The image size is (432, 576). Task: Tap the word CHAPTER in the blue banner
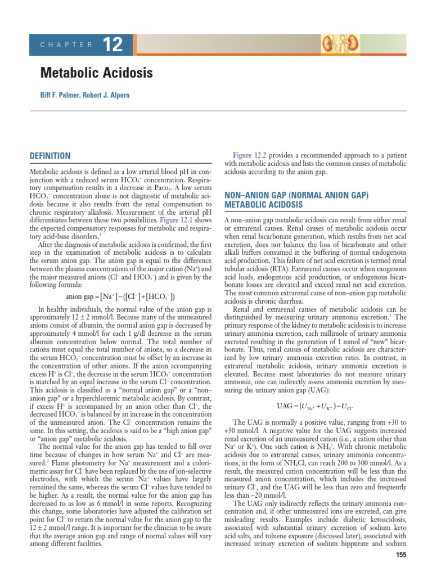tap(66, 45)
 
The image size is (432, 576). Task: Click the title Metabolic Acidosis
tap(96, 74)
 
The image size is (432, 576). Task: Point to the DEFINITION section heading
tap(50, 156)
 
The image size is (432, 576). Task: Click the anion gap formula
tap(120, 296)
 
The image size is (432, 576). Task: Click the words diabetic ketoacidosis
tap(368, 520)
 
